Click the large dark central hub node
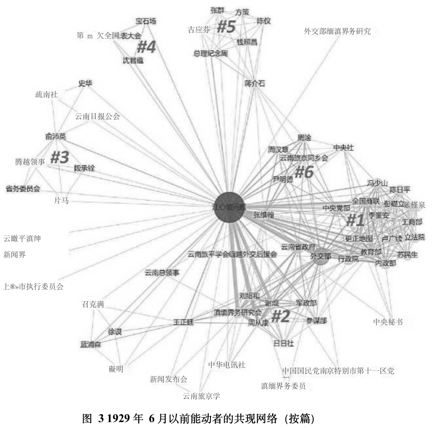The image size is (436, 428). (230, 206)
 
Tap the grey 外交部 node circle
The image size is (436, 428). (321, 257)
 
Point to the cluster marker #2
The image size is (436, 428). (280, 316)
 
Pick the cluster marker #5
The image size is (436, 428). (226, 27)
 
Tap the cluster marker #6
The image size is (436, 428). (304, 172)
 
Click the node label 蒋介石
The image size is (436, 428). (255, 83)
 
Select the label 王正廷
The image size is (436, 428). (183, 322)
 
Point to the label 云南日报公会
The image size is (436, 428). (97, 117)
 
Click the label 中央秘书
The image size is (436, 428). (388, 322)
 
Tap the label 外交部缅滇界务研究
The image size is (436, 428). (337, 31)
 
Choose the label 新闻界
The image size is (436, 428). (15, 254)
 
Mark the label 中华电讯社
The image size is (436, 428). (226, 365)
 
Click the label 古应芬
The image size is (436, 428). (199, 30)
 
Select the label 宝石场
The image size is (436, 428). (146, 21)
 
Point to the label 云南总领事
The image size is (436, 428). (162, 273)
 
